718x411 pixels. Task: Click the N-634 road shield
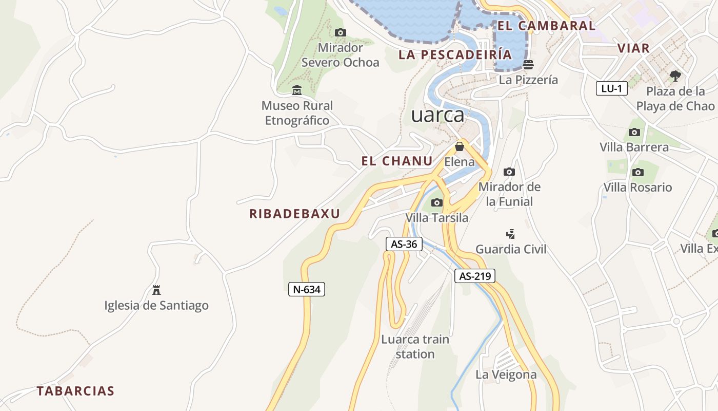[307, 289]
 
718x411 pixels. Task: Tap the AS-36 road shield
[404, 244]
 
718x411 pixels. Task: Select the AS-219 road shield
[475, 276]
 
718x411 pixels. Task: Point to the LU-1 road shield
[612, 88]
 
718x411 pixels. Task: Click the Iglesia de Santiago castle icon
[156, 290]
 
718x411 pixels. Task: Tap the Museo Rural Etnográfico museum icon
[296, 90]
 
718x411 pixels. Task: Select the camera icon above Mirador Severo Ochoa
[340, 33]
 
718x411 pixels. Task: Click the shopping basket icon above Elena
[460, 146]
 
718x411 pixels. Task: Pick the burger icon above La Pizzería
[528, 65]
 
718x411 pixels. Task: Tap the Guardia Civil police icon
[510, 234]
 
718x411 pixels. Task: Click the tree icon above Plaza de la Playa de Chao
[675, 76]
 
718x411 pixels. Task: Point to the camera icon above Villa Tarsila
[437, 202]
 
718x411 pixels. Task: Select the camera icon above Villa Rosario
[637, 172]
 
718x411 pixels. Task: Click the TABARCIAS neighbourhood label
[75, 391]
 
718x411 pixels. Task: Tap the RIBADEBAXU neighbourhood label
[294, 214]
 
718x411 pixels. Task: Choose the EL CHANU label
[397, 161]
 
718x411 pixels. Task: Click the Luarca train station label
[415, 347]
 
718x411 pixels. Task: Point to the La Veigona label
[506, 375]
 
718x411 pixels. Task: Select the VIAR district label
[633, 48]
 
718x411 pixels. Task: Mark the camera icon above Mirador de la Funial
[509, 172]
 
